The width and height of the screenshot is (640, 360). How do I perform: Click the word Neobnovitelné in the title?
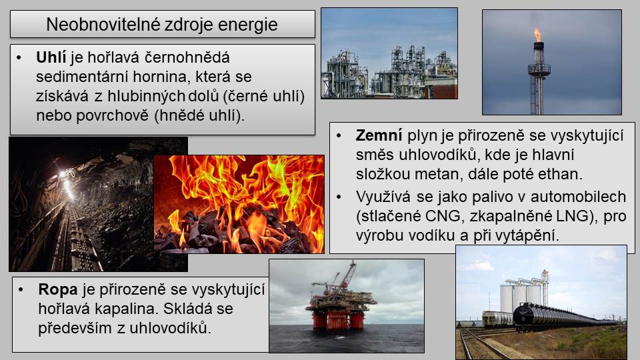(x=103, y=25)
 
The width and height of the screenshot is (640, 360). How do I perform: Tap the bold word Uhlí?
(x=51, y=57)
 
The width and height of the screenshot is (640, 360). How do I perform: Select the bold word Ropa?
(x=58, y=289)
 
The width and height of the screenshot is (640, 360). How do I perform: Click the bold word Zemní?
(x=379, y=135)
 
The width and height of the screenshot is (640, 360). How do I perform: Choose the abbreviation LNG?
(x=575, y=216)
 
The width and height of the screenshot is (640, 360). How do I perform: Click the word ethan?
(x=560, y=174)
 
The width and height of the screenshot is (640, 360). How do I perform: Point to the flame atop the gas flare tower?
(x=539, y=35)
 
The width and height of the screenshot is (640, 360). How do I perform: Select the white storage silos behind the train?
(x=521, y=296)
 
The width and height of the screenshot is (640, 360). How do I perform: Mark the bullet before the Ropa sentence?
(x=21, y=290)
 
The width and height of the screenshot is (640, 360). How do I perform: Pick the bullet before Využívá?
(x=339, y=197)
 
